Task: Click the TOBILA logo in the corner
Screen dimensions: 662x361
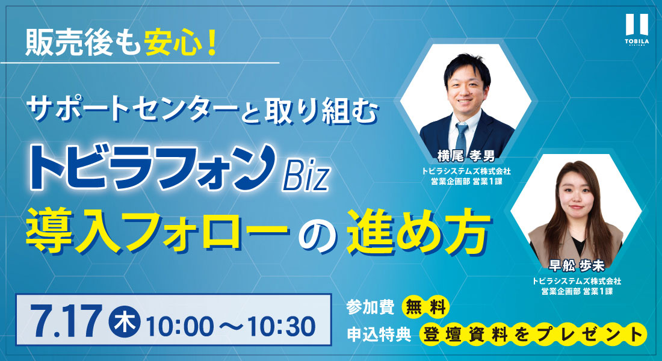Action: point(637,29)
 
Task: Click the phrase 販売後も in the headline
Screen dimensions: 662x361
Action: point(83,43)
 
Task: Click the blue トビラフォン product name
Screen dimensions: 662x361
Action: point(152,167)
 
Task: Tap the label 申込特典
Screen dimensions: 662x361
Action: point(379,335)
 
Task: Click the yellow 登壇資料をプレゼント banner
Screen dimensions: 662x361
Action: point(533,334)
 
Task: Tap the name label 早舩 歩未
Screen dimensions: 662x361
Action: point(577,265)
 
